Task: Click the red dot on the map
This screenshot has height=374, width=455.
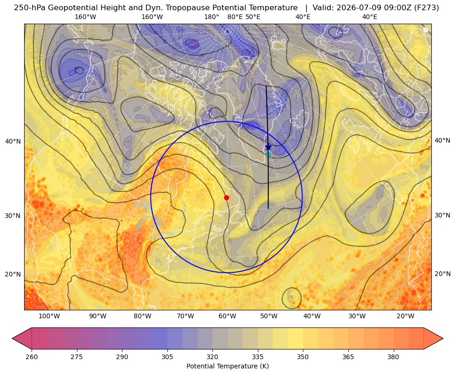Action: coord(227,197)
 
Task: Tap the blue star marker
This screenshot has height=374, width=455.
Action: coord(268,147)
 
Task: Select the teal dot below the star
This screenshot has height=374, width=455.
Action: coord(269,154)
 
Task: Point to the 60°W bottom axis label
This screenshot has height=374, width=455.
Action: coord(227,316)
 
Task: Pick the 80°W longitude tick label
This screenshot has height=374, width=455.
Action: coord(142,316)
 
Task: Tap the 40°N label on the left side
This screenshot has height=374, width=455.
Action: coord(13,141)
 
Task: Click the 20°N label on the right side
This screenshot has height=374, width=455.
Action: coord(442,274)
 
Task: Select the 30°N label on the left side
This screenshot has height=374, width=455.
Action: coord(13,216)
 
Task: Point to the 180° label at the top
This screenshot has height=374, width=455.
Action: coord(211,17)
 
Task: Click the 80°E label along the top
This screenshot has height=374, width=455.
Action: coord(235,17)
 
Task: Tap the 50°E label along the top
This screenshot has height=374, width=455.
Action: coord(253,17)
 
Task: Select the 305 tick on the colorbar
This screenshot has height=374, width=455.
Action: coord(167,357)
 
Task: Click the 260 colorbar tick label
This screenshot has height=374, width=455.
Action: coord(32,357)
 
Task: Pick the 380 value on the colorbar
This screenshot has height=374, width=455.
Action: coord(393,357)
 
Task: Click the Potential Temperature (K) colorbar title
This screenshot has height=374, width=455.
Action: coord(227,366)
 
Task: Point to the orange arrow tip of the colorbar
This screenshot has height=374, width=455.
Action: coord(443,338)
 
